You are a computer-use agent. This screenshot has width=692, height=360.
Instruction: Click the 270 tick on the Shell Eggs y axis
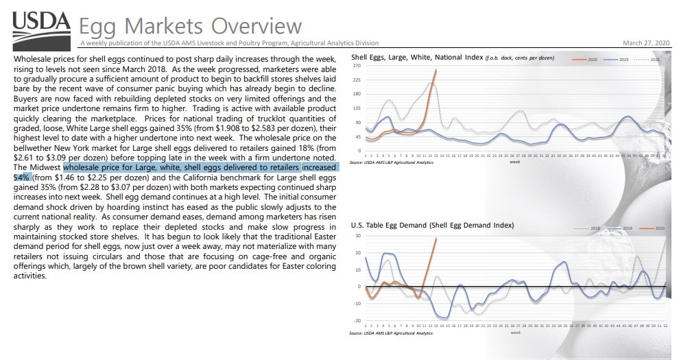[356, 67]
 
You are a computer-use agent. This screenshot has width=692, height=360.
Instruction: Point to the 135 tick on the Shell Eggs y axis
[356, 108]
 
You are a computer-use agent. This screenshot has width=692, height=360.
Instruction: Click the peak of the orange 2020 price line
[436, 69]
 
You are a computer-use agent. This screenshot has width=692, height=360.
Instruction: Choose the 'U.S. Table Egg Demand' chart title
[432, 225]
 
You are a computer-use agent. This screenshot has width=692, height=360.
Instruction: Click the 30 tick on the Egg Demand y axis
[357, 236]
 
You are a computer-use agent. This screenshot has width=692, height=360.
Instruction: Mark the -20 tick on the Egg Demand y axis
[357, 320]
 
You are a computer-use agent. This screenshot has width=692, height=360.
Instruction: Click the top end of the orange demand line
[436, 238]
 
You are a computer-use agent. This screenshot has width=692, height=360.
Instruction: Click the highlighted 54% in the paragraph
[23, 176]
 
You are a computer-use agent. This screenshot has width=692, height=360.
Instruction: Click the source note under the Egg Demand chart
[392, 333]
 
